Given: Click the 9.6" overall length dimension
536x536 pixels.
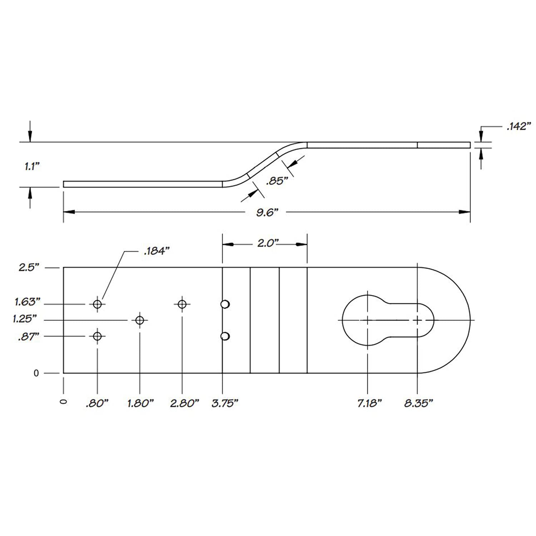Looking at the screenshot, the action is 267,213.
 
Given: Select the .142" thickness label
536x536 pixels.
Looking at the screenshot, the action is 519,126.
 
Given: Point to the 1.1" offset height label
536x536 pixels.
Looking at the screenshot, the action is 32,166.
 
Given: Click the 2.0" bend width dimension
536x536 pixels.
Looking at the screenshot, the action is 268,243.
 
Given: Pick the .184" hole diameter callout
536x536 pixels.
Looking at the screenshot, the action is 156,251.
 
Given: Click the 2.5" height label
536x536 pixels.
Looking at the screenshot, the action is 29,267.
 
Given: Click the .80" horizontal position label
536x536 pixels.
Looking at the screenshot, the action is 97,403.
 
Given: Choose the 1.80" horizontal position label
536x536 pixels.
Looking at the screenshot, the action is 140,403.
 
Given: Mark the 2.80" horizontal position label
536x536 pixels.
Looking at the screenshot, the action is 184,403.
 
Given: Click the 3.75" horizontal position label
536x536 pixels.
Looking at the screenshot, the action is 225,403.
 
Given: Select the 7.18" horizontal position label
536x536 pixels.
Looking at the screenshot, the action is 369,403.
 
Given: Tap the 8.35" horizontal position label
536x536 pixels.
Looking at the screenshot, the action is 418,403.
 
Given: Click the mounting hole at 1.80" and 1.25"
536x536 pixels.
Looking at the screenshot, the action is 140,320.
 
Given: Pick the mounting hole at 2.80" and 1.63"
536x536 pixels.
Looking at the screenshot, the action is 182,304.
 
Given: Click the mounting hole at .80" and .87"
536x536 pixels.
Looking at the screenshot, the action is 97,336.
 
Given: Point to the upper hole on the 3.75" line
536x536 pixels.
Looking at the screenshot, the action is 225,304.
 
